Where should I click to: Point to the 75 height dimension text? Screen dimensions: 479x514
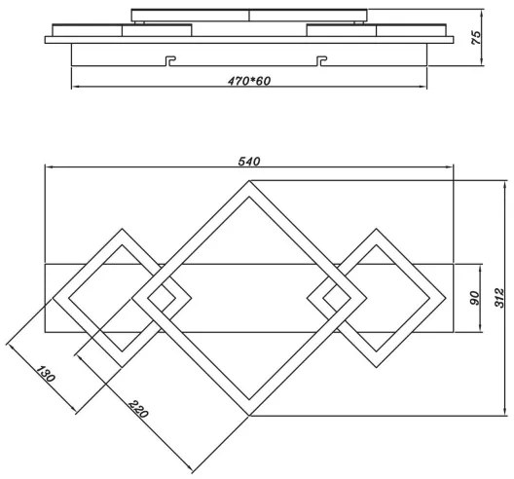point(475,38)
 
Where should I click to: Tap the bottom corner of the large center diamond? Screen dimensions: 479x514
point(249,414)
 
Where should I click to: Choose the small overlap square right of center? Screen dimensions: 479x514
point(330,296)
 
